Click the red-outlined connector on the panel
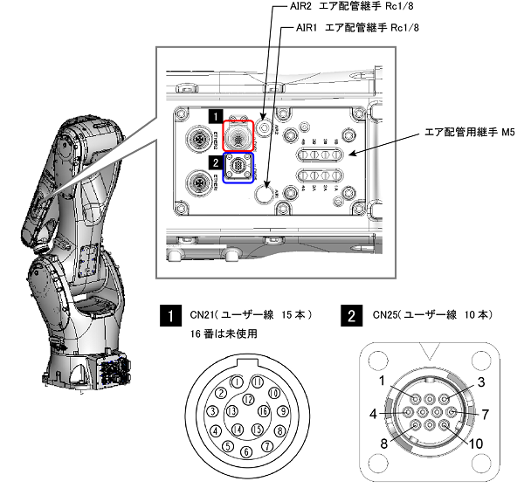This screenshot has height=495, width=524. (x=237, y=136)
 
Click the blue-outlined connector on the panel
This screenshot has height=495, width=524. (x=238, y=168)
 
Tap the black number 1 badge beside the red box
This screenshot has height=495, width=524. (x=213, y=114)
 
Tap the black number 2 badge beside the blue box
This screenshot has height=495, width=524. (x=213, y=161)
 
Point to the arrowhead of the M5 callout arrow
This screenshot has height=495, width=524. (x=348, y=155)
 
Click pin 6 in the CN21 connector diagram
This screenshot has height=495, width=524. (x=245, y=451)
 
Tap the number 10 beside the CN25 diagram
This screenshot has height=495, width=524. (x=474, y=443)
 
